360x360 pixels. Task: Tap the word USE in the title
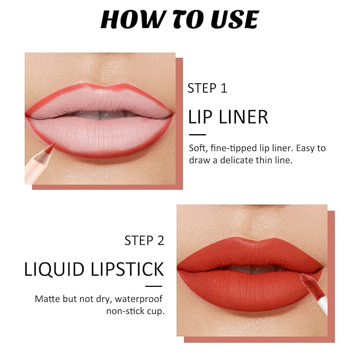tap(235, 19)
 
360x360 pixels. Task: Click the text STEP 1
tap(207, 88)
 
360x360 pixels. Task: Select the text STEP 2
tap(144, 240)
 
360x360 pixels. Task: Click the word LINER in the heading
tap(243, 117)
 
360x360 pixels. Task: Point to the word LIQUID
tap(54, 269)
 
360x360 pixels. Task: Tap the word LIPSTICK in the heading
tap(127, 269)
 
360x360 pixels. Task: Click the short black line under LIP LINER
tap(197, 135)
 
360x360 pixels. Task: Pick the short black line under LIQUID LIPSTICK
tap(154, 286)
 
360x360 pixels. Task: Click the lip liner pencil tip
tap(54, 144)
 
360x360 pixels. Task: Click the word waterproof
tap(139, 299)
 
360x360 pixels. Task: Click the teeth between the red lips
tap(251, 269)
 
